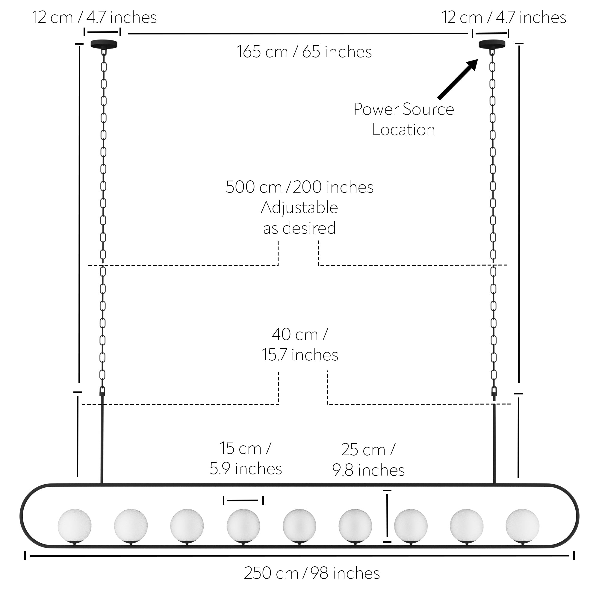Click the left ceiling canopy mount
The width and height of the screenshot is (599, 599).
104,44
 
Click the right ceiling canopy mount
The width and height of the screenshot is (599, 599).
492,44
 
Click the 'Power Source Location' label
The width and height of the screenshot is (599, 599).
404,120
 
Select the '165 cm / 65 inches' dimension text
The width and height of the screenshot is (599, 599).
304,52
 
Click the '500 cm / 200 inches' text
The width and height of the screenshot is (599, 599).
299,187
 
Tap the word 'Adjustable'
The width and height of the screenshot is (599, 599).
299,208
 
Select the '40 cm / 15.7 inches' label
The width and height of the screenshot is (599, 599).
300,344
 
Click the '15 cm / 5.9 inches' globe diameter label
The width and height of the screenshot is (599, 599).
246,458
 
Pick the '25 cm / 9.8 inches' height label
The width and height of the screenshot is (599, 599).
368,460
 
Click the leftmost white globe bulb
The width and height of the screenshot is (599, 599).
75,526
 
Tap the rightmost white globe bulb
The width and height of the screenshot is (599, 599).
522,526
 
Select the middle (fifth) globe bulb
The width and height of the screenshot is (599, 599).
299,526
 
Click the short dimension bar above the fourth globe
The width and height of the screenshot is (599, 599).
243,500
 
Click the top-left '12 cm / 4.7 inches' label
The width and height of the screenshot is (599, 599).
95,17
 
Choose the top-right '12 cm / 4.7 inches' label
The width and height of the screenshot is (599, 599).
504,17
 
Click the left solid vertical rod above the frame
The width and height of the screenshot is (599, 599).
102,439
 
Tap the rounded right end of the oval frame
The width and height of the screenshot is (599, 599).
578,519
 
